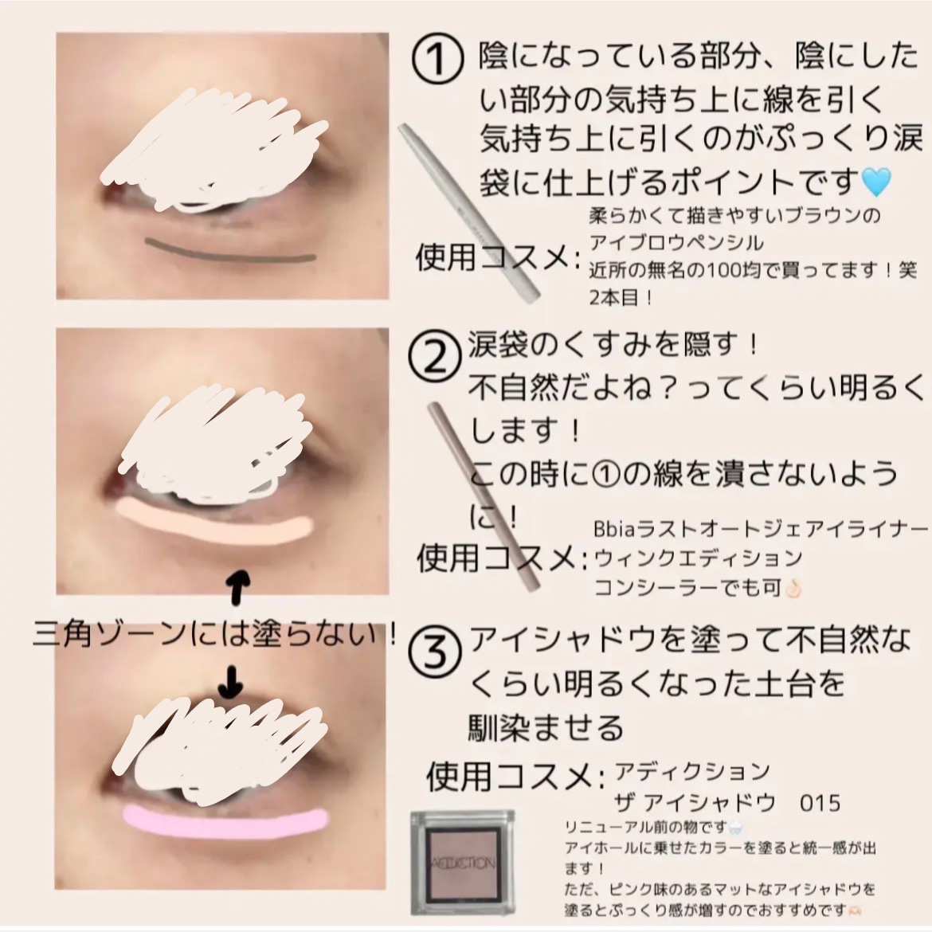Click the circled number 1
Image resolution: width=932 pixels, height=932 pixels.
pos(437,61)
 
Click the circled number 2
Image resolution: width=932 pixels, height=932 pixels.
pos(434,360)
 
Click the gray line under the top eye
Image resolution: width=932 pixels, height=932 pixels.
pos(230,249)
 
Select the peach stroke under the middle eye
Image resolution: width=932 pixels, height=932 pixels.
pos(213,519)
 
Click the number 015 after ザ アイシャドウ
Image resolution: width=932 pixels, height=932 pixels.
pos(819,801)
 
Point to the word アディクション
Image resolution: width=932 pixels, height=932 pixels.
pos(691,771)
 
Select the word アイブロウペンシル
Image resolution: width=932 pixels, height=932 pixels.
pos(676,242)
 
